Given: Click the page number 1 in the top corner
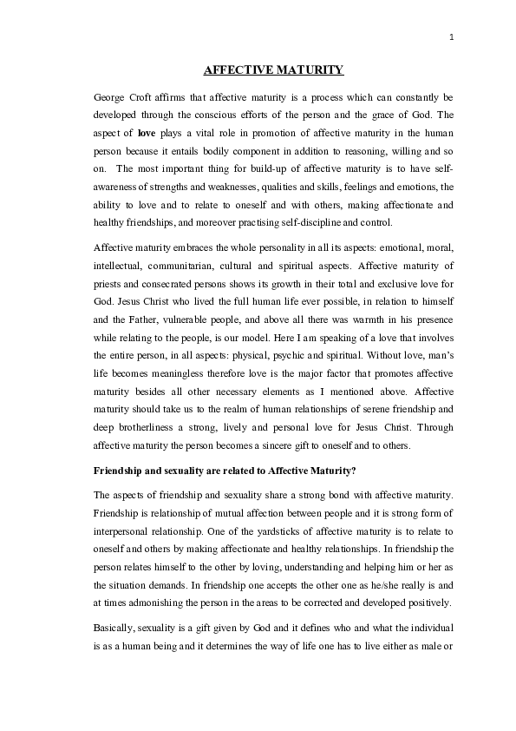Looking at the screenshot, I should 453,36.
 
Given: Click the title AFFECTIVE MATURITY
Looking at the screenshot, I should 273,69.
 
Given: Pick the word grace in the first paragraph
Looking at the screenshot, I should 396,115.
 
